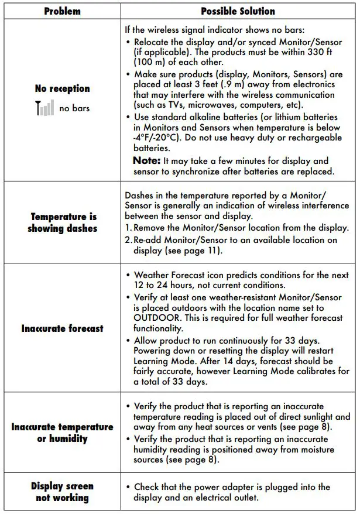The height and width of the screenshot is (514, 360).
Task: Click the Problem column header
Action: (x=62, y=11)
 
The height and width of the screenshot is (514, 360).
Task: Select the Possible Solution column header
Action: (x=238, y=11)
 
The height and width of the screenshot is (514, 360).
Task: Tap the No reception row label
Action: (x=62, y=88)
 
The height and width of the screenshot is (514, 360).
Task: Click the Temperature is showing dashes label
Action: (x=62, y=222)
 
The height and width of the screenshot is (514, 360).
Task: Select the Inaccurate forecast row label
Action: (x=62, y=328)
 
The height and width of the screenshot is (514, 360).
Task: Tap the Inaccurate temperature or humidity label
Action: (x=62, y=433)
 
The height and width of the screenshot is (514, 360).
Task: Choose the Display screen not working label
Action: (x=62, y=492)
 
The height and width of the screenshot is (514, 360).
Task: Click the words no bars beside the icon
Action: (x=74, y=108)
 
